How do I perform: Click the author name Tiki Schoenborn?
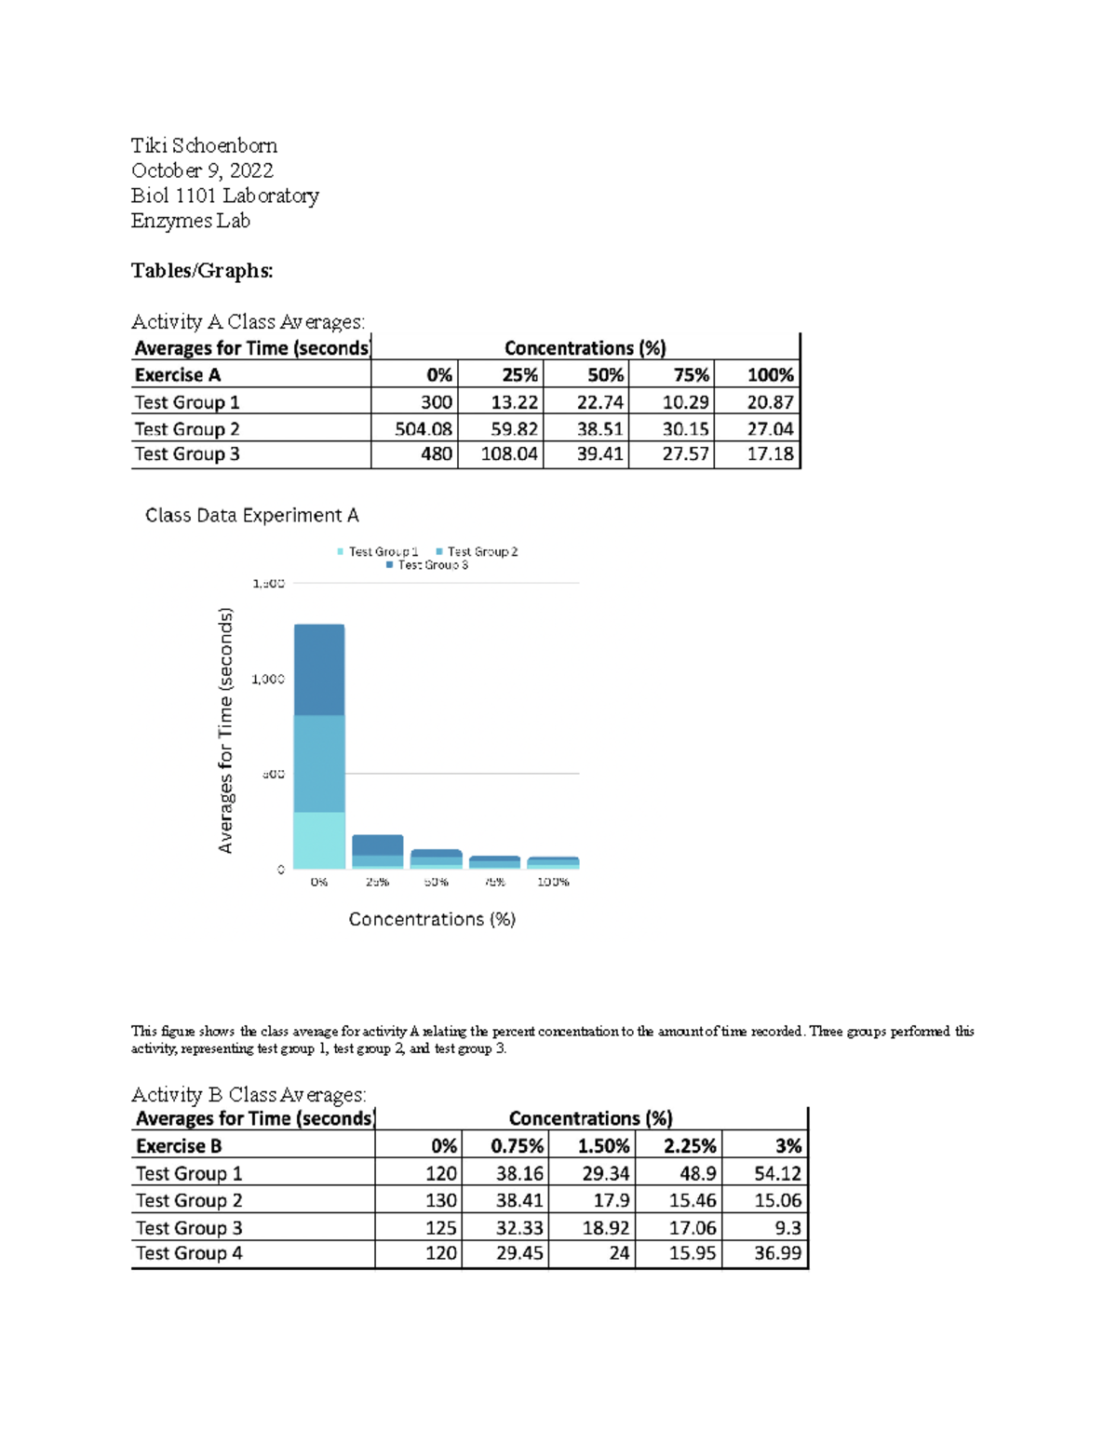coord(204,145)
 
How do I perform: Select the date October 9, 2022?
coord(202,170)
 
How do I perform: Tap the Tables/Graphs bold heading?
coord(202,271)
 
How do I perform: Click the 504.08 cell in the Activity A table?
coord(423,429)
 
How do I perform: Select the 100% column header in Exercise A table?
coord(770,375)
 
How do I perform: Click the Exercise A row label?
coord(178,375)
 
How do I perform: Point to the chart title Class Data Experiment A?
coord(251,516)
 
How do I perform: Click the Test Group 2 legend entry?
coord(477,552)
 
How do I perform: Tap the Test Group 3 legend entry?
coord(427,565)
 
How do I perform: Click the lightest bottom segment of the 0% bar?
coord(319,840)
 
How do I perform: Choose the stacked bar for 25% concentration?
coord(377,851)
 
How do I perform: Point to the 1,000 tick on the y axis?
coord(268,679)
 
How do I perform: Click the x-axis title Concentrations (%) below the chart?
coord(432,919)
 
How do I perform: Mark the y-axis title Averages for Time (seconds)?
coord(225,730)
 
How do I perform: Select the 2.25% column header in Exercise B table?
coord(689,1146)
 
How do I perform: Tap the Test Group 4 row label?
coord(189,1253)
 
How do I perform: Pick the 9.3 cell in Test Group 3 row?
coord(787,1228)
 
